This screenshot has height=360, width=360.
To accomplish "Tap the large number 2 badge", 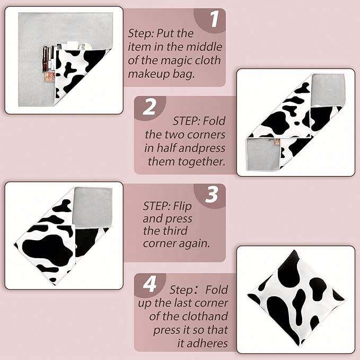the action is pos(149,107).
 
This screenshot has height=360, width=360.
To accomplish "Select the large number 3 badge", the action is pos(212,195).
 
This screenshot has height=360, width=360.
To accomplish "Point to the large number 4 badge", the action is pos(150,284).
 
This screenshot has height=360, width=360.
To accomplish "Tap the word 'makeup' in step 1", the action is pos(148,74).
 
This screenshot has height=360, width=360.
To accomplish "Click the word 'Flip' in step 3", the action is pos(182,206).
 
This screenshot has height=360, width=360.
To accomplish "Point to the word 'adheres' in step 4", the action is pos(203,344).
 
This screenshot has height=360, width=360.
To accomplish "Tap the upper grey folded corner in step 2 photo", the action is pos(328,90).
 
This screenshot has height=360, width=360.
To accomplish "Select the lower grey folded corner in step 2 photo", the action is pos(264,154).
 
